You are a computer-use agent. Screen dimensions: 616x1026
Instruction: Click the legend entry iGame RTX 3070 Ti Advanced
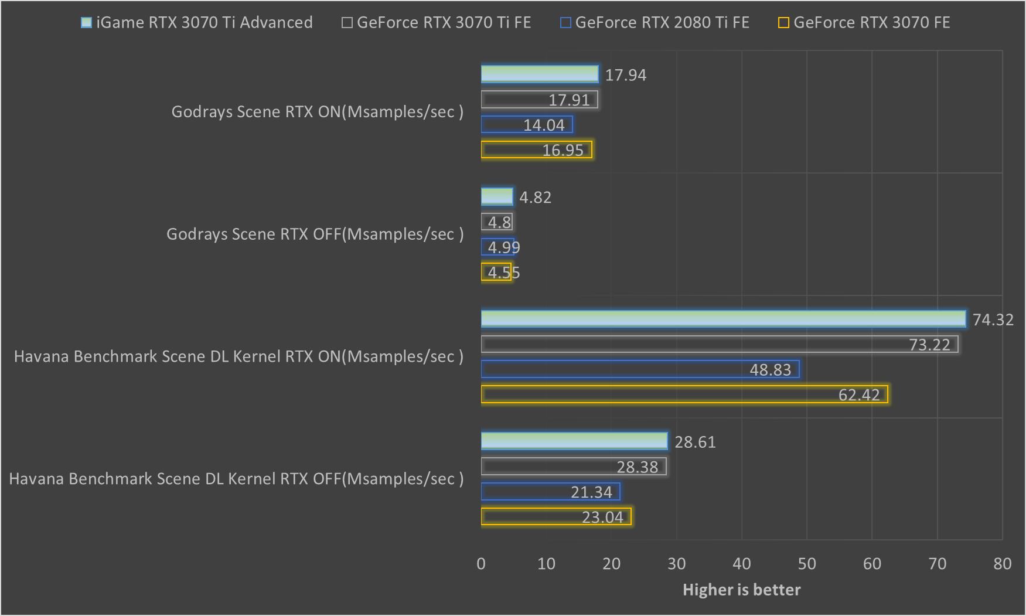pyautogui.click(x=197, y=23)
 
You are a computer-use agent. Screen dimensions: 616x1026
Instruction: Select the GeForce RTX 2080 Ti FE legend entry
pyautogui.click(x=655, y=23)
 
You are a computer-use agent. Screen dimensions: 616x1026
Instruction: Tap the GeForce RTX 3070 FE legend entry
pyautogui.click(x=864, y=23)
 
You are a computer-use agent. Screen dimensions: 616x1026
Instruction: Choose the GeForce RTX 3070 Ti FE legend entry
pyautogui.click(x=437, y=23)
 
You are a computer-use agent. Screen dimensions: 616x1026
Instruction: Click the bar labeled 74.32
pyautogui.click(x=723, y=319)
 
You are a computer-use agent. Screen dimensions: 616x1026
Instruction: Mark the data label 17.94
pyautogui.click(x=626, y=75)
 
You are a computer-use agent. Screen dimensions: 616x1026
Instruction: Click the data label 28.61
pyautogui.click(x=695, y=442)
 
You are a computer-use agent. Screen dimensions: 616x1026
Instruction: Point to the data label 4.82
pyautogui.click(x=535, y=198)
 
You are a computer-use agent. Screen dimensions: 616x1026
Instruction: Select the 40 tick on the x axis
pyautogui.click(x=742, y=564)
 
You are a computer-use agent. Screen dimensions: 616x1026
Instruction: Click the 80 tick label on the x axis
pyautogui.click(x=1002, y=564)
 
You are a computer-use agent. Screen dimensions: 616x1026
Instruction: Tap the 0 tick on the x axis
pyautogui.click(x=481, y=564)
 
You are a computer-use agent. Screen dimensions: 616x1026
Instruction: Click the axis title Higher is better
pyautogui.click(x=741, y=590)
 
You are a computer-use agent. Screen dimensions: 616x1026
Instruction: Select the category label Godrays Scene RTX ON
pyautogui.click(x=317, y=112)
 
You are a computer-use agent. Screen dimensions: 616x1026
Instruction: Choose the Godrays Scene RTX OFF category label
pyautogui.click(x=315, y=234)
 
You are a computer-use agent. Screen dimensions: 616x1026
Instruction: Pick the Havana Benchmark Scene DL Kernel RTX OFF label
pyautogui.click(x=236, y=479)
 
